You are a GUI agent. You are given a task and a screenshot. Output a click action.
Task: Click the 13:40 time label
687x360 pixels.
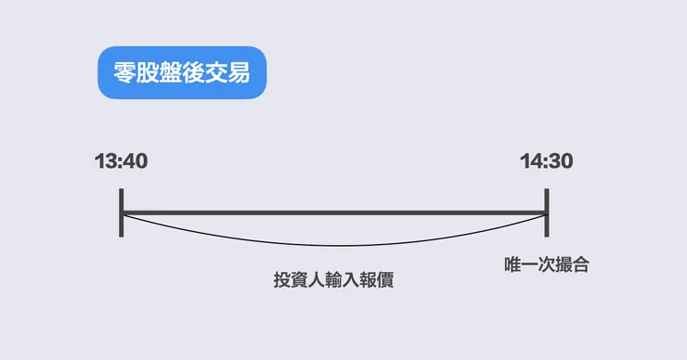122,161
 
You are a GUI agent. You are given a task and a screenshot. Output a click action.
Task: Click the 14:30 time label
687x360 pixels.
547,161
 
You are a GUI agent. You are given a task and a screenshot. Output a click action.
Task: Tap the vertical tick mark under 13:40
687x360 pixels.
122,212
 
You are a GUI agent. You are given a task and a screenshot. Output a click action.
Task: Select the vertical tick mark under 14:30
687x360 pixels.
547,212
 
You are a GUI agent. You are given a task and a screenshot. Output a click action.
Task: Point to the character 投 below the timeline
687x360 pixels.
281,279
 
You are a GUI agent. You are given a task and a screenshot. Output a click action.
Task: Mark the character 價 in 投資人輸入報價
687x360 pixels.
386,279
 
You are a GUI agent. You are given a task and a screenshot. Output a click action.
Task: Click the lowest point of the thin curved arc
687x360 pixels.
334,246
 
